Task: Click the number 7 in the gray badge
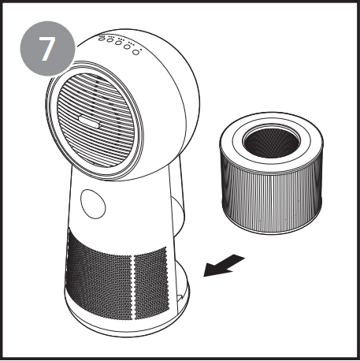(x=47, y=49)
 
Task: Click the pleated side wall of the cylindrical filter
(x=272, y=199)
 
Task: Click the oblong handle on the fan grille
(x=89, y=122)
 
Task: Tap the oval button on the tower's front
(x=93, y=203)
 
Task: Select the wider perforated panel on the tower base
(x=99, y=274)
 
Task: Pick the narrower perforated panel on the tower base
(x=151, y=283)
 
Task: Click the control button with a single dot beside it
(x=135, y=52)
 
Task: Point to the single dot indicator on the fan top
(x=141, y=49)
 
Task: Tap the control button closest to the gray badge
(x=102, y=39)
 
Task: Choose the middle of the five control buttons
(x=118, y=43)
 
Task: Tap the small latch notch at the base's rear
(x=180, y=298)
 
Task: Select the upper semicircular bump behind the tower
(x=177, y=215)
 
